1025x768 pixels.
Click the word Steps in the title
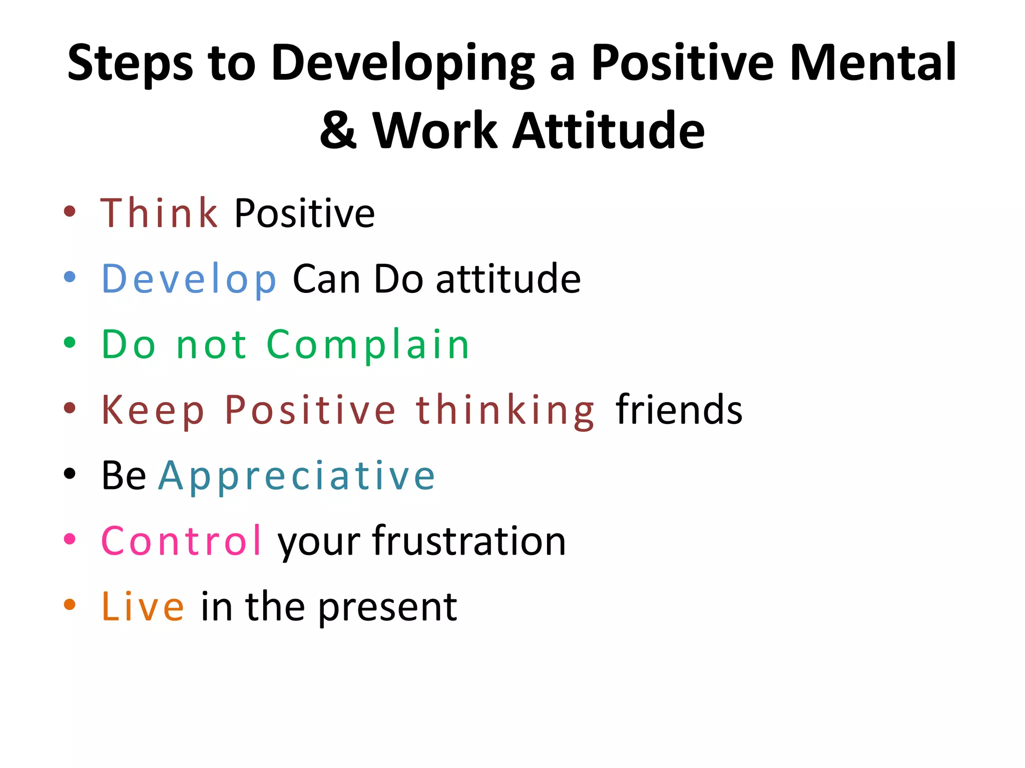click(x=130, y=64)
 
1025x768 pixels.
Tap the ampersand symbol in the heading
click(x=338, y=131)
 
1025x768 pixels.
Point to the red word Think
click(x=159, y=213)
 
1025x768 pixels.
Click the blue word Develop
click(x=189, y=279)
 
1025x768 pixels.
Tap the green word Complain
click(x=368, y=345)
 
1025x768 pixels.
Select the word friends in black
click(x=679, y=410)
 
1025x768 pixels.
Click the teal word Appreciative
click(x=297, y=476)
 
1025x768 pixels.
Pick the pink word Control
click(x=181, y=541)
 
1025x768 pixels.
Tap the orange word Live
click(x=143, y=607)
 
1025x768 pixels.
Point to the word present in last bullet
click(x=387, y=607)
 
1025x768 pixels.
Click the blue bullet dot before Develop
click(x=70, y=276)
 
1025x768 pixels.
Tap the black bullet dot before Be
click(x=70, y=473)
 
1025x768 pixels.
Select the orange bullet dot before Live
click(x=70, y=604)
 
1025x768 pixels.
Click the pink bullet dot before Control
click(x=70, y=538)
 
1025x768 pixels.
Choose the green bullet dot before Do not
click(x=70, y=342)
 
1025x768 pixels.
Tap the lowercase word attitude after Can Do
click(x=508, y=279)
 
